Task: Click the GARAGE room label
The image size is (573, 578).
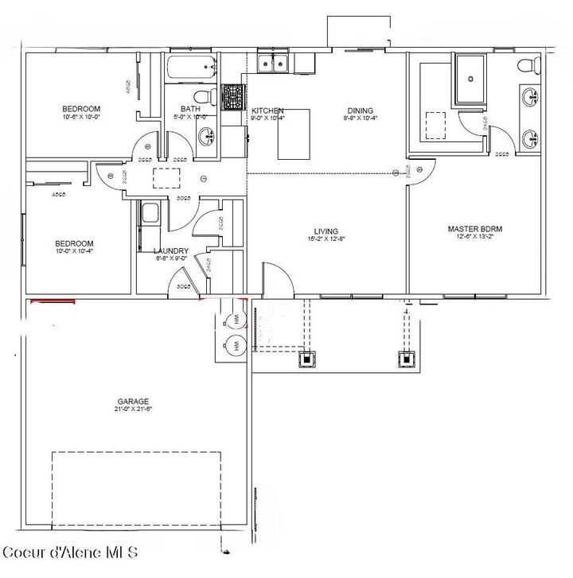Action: click(133, 401)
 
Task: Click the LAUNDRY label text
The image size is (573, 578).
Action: click(170, 250)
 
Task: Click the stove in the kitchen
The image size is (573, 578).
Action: click(232, 99)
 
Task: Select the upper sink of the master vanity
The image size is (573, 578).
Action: click(530, 99)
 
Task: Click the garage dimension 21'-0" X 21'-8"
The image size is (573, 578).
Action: click(133, 410)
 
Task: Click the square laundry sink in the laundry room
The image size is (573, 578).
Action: click(149, 213)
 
